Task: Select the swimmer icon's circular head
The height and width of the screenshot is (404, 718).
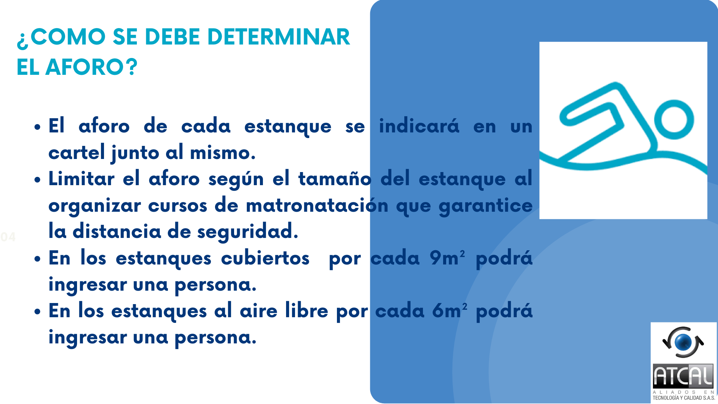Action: click(674, 120)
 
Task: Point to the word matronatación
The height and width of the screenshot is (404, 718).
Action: click(317, 205)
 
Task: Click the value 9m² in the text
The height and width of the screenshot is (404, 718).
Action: click(447, 258)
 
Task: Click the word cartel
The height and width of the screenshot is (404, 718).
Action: click(77, 153)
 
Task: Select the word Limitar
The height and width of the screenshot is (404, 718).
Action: click(82, 178)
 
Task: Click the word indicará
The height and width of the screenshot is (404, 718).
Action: click(419, 126)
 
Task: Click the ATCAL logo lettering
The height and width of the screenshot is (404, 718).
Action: click(683, 376)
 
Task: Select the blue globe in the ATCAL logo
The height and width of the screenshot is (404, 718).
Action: click(683, 341)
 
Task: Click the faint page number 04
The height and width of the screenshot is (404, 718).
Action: click(8, 237)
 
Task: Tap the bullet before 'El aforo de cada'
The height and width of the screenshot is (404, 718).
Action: click(37, 127)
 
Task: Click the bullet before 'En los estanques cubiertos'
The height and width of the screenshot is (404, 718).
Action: click(37, 259)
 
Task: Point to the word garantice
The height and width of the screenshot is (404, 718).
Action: click(485, 206)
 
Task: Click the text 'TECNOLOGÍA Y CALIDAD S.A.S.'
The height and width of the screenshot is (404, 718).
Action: click(684, 398)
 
